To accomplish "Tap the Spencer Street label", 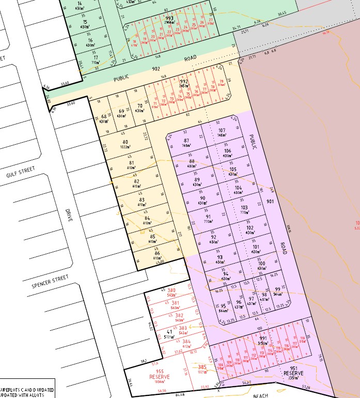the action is coord(50,281).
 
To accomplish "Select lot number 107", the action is coord(222,130).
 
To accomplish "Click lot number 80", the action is coord(125,142).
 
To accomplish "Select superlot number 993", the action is coord(155,18).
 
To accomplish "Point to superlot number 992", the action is coord(184,82).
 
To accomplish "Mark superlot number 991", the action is coord(263,338).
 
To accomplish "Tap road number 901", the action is coord(270,202).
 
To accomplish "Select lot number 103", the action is coord(244,207).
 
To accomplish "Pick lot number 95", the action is coord(223,306).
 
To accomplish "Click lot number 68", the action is coord(104,116).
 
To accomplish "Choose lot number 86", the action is coord(157,253).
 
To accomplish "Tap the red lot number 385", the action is coord(203,368).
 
